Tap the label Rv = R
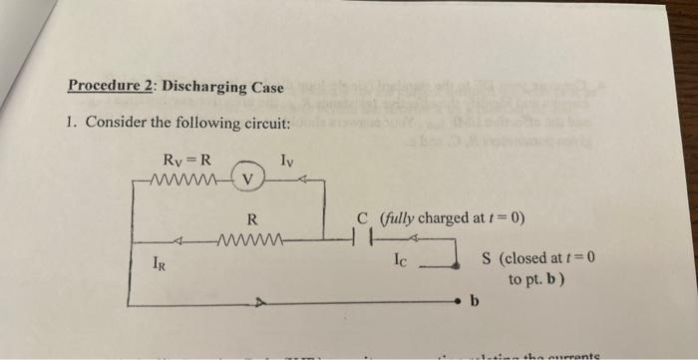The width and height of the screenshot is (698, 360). (185, 159)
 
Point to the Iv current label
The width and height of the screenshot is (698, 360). (287, 159)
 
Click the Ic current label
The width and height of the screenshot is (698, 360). (400, 263)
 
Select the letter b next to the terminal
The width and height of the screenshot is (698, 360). (475, 299)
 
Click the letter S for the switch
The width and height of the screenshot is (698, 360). (487, 258)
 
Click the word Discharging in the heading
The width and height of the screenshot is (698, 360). (206, 87)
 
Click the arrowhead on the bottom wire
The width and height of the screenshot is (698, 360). (259, 299)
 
